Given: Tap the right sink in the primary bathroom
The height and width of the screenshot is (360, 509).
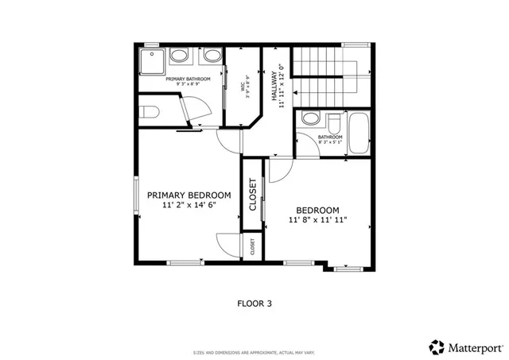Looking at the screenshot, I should tap(211, 56).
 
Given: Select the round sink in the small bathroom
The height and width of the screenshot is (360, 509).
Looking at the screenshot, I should tap(311, 120).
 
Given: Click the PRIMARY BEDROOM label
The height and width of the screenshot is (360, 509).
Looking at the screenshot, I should tap(188, 195).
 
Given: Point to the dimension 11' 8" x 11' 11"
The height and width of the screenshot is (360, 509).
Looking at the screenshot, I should tap(317, 219).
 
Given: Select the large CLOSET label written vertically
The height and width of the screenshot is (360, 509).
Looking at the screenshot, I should tap(253, 195).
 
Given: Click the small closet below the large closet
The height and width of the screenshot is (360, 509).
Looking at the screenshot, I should tap(253, 246).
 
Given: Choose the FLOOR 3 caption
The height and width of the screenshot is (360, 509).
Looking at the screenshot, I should tap(255, 303).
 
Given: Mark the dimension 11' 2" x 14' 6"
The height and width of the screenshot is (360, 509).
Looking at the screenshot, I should tap(188, 205).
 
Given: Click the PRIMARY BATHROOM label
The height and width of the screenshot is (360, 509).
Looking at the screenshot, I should tap(188, 79).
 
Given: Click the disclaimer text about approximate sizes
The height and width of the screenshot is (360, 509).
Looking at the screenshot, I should tap(254, 350).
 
